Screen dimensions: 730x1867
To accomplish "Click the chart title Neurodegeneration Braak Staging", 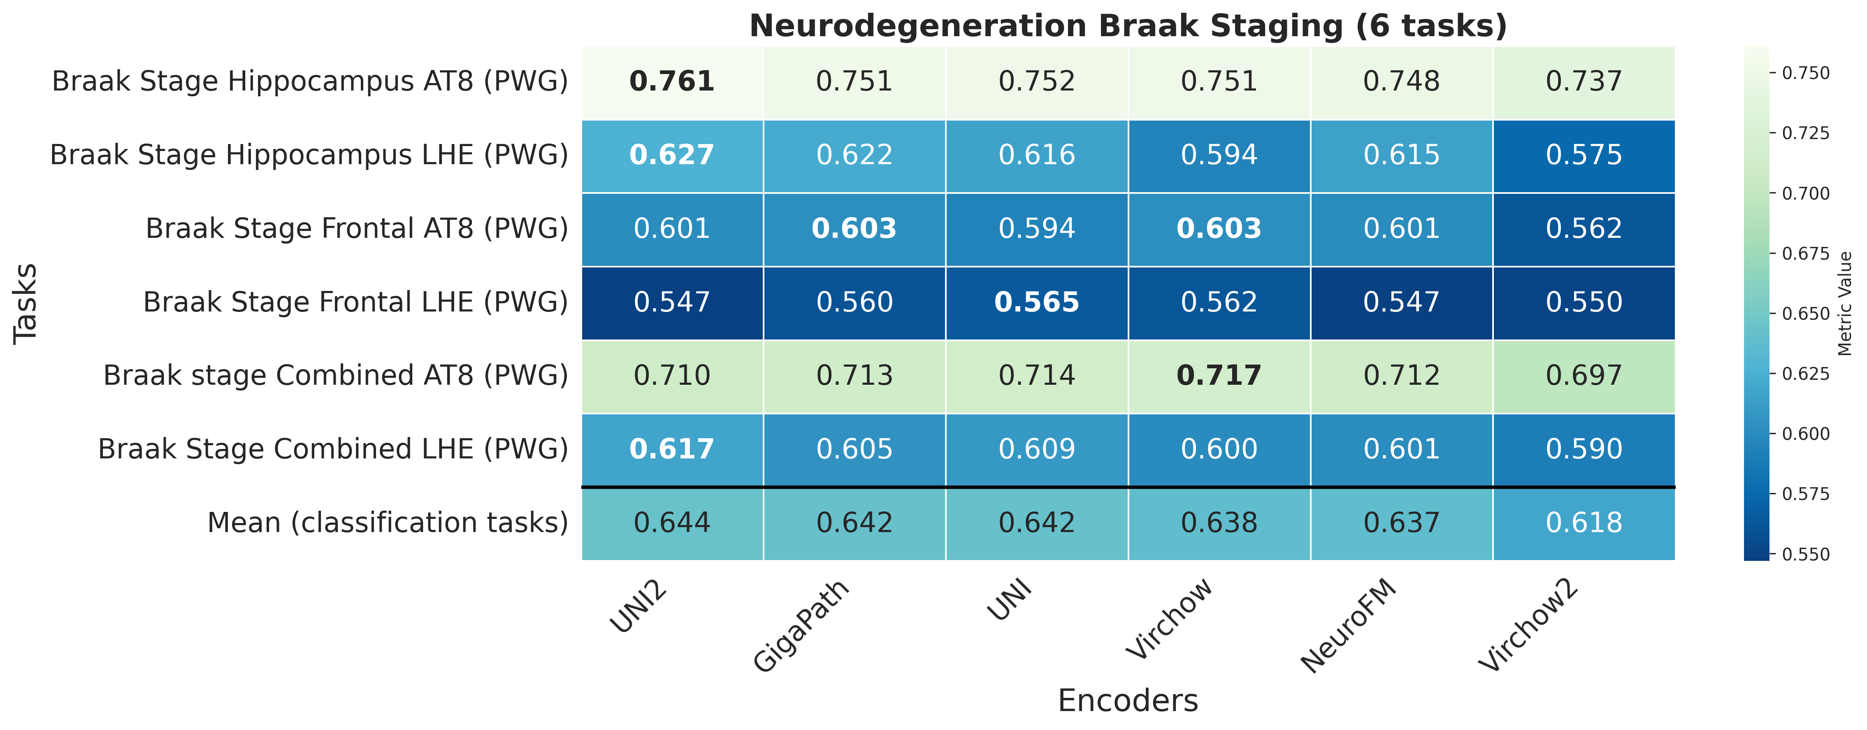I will point(1128,26).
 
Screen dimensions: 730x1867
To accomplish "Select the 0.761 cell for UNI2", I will point(672,81).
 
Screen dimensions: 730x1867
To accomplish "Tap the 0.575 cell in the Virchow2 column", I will point(1584,155).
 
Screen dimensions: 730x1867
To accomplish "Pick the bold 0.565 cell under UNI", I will point(1036,302).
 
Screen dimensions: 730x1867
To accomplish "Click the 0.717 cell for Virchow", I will point(1219,376).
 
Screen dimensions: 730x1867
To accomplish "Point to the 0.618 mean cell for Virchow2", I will point(1584,523).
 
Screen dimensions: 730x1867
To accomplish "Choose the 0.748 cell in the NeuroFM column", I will point(1401,81).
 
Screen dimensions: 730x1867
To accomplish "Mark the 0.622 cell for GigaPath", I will point(855,155).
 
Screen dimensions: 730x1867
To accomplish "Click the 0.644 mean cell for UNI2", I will point(672,523).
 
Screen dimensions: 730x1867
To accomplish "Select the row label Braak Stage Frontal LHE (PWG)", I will point(355,302).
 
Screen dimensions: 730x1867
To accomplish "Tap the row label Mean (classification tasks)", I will point(388,523).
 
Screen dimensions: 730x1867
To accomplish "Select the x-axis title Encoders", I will point(1128,701).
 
